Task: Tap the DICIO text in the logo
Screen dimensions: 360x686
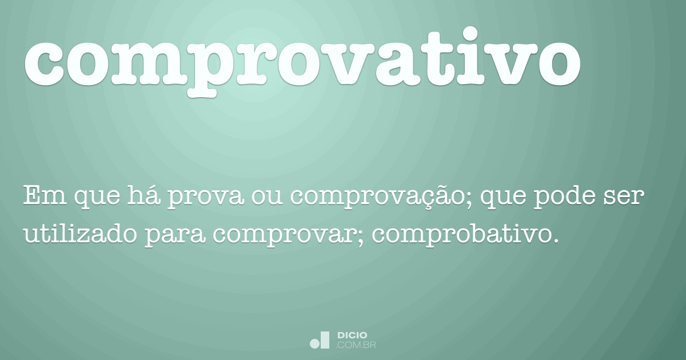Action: point(352,335)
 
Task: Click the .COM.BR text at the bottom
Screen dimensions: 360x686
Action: point(356,345)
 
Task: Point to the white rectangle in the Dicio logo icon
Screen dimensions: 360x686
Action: point(325,339)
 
